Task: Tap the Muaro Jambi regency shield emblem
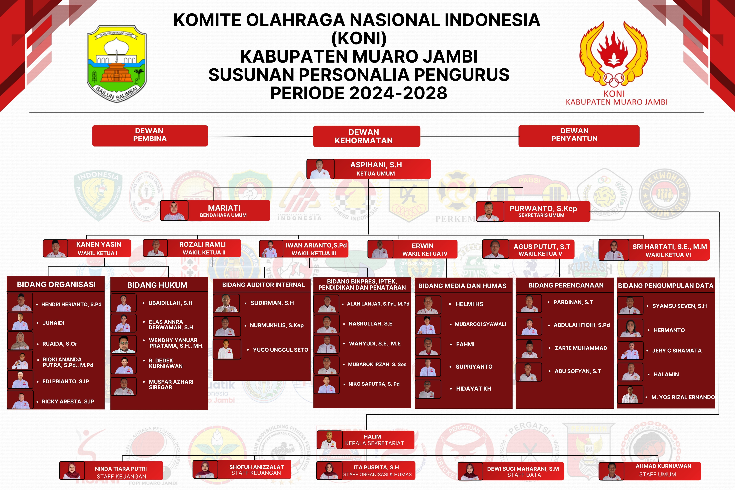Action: pos(117,63)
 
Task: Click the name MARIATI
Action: pos(224,208)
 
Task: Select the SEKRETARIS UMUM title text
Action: pos(541,215)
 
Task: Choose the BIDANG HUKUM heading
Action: pos(157,285)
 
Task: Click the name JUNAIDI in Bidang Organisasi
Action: pos(53,323)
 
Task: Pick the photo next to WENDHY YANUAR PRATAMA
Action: pos(124,344)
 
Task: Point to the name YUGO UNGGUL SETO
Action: pos(280,350)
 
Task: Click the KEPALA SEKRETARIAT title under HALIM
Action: pos(374,443)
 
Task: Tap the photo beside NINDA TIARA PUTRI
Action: pos(72,470)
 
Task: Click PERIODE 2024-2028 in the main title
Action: pos(359,93)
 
